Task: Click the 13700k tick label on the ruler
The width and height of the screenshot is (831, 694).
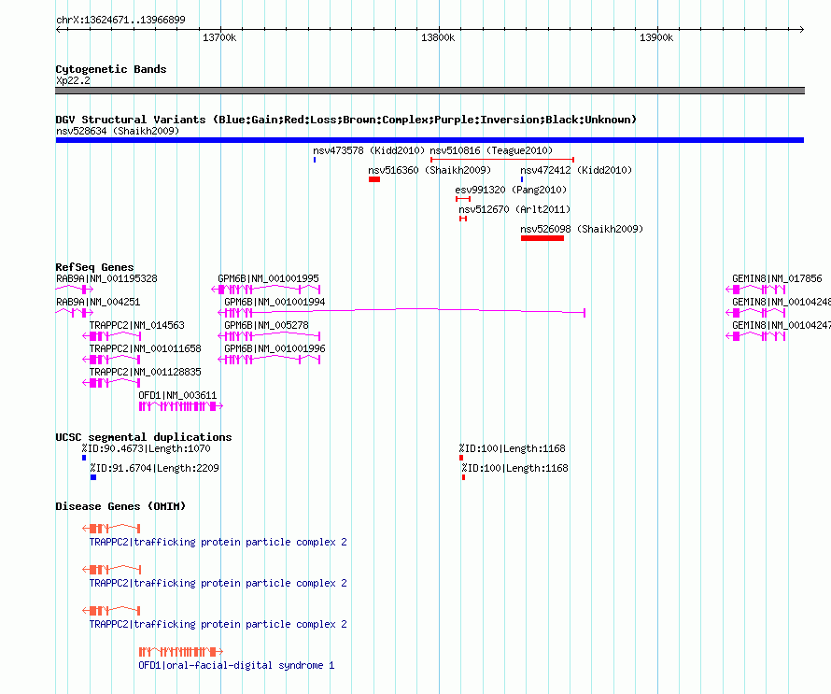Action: click(219, 37)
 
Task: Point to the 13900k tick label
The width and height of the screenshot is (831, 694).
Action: click(656, 37)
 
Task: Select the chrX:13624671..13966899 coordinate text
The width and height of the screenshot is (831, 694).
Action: click(120, 21)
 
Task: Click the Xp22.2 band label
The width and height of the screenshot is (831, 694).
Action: click(73, 80)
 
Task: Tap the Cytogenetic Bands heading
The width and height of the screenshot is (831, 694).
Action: click(111, 69)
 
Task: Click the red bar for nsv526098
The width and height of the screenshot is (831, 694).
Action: click(542, 238)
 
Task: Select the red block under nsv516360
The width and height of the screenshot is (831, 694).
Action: click(374, 179)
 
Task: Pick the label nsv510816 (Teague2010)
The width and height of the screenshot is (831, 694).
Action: click(491, 150)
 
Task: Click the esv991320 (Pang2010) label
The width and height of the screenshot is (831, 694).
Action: click(511, 190)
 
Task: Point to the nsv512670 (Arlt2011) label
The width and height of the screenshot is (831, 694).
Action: click(514, 209)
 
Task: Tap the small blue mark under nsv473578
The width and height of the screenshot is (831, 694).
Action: click(315, 160)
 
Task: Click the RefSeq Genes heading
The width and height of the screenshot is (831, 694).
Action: click(94, 267)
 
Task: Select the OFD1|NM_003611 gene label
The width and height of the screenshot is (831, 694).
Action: click(177, 395)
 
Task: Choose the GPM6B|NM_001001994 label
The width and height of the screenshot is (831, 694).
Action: click(275, 303)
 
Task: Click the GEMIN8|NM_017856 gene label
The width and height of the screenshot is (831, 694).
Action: click(777, 279)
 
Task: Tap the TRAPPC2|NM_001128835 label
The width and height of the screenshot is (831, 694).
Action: click(146, 372)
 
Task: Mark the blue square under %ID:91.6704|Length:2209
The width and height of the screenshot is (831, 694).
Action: click(93, 477)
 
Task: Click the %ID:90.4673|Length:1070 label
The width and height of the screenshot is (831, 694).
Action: click(146, 449)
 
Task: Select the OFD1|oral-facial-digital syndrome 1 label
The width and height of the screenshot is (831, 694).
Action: click(236, 665)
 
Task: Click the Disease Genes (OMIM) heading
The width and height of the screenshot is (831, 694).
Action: click(120, 506)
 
